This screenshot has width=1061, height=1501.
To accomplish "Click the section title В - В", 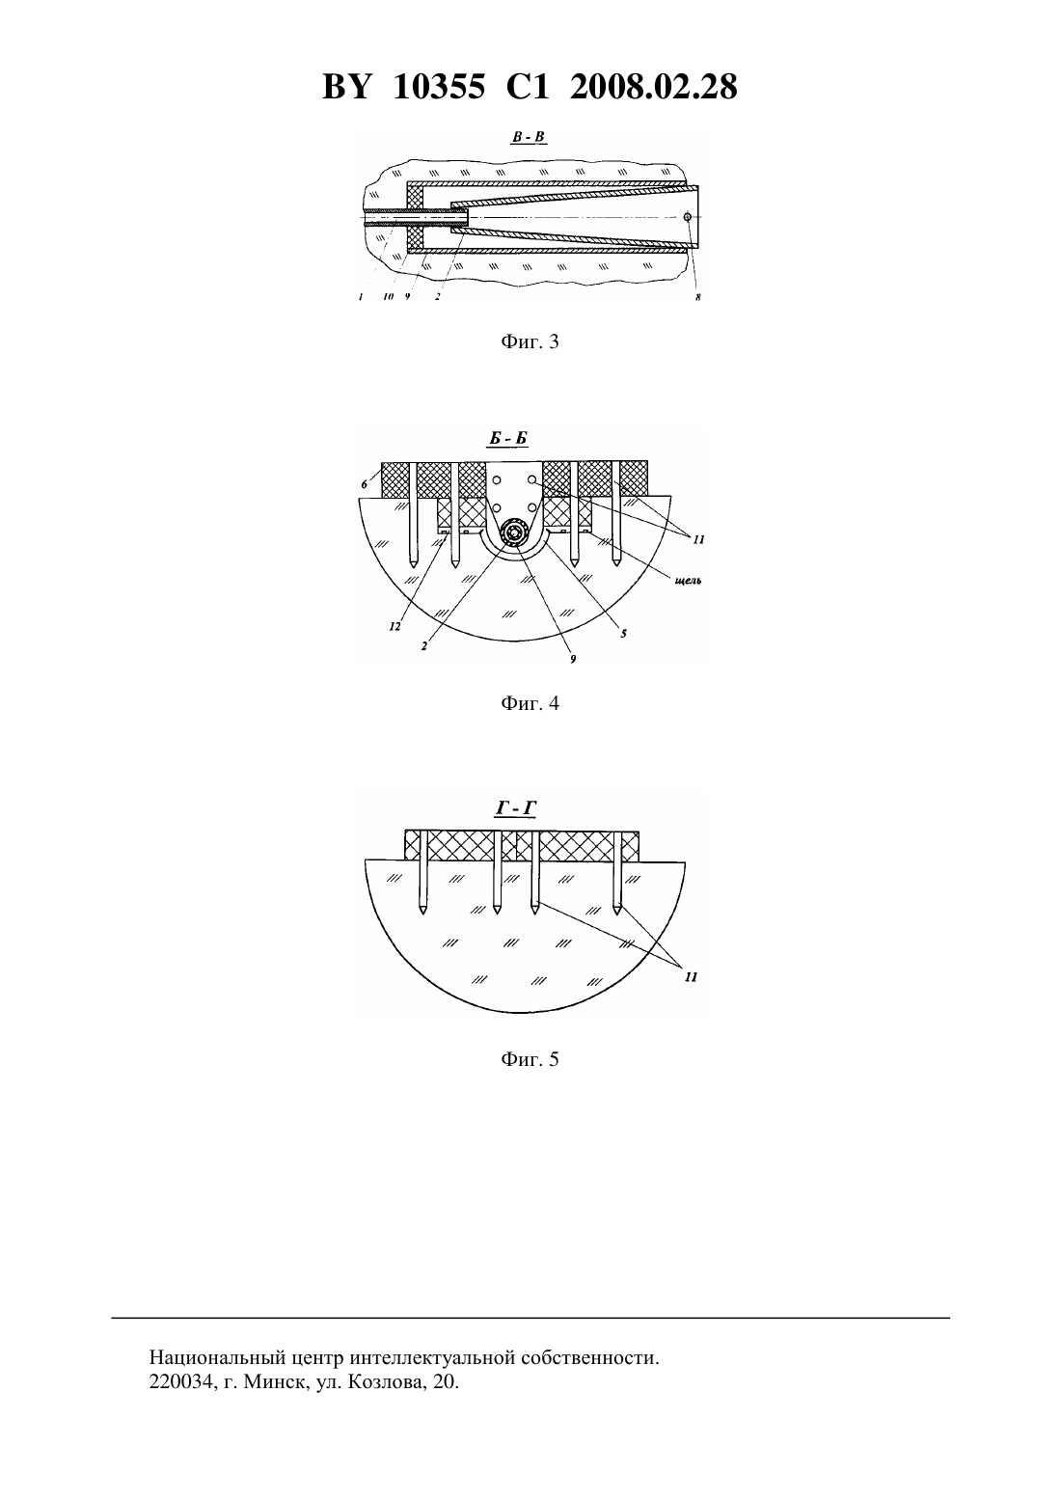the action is point(530,138).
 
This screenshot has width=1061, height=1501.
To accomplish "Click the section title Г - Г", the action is point(516,809).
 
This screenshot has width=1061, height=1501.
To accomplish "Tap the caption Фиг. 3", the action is point(530,341).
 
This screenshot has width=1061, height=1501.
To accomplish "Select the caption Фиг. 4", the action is point(530,703).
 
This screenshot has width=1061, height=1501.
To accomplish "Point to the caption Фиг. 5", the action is point(530,1059).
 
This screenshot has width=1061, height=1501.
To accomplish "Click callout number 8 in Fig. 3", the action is point(698,297).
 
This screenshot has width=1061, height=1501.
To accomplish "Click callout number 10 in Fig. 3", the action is point(389,297).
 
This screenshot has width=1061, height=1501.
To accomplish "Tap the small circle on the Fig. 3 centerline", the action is point(687,216).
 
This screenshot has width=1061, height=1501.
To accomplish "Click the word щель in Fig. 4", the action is point(688,581).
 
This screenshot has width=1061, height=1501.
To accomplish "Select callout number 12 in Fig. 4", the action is point(394,626).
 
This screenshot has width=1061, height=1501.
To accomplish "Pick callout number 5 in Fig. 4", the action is point(624,633).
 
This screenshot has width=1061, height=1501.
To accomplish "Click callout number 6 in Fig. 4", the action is point(365,484).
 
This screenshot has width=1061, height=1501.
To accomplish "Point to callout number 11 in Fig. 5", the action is point(691,977).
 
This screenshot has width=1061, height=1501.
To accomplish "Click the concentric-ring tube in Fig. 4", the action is point(515,532).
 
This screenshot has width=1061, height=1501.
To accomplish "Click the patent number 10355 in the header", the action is point(439,87).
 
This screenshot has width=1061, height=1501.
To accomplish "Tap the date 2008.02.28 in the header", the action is point(654,87).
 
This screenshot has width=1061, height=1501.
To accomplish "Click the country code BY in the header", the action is point(346,87).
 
